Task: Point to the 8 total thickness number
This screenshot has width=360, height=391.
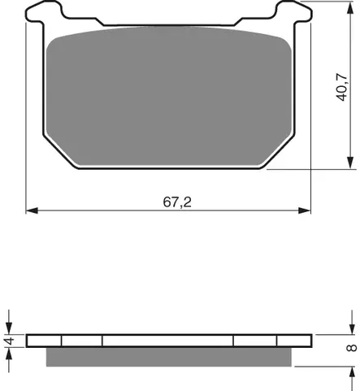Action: [350, 348]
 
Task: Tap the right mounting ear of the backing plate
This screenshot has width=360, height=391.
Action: [288, 13]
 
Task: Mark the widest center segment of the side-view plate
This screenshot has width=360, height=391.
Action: [168, 341]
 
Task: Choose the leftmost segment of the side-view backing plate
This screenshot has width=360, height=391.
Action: [45, 341]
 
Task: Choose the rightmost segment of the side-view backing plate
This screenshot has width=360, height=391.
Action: [294, 341]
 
